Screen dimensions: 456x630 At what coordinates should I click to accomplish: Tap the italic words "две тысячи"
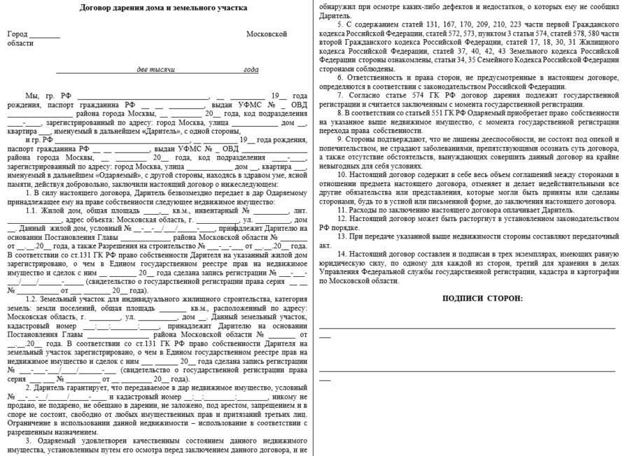[156, 70]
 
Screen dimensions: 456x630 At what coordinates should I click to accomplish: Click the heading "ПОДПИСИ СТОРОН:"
[482, 298]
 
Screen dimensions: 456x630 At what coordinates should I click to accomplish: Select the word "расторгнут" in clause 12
[463, 219]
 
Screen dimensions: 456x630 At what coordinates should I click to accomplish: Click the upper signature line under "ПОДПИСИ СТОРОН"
[467, 327]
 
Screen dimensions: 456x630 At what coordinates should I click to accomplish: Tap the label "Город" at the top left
[17, 34]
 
